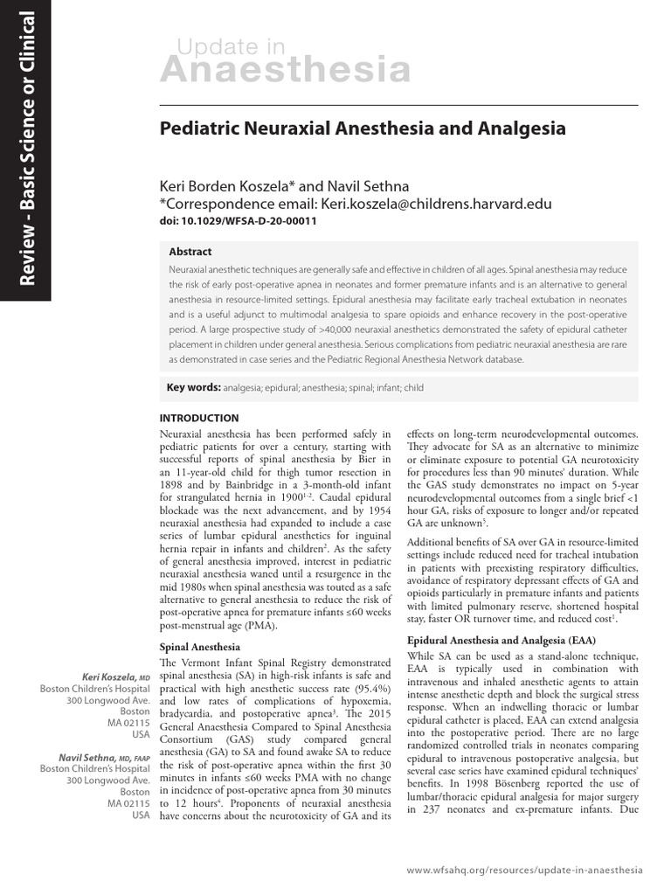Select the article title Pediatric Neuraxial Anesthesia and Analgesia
coord(363,128)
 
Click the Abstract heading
coord(190,252)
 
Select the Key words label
coord(193,386)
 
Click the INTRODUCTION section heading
coord(199,419)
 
